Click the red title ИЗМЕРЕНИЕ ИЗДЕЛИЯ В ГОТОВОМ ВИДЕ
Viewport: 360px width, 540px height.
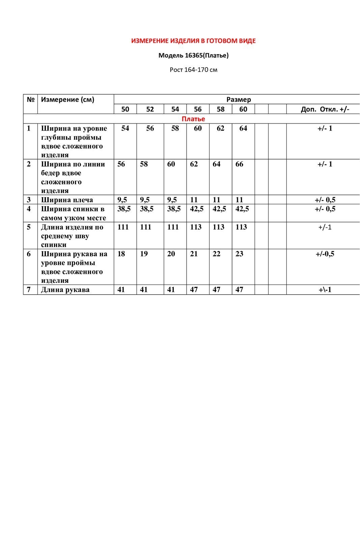[x=193, y=41]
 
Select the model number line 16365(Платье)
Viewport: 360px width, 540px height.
[x=193, y=55]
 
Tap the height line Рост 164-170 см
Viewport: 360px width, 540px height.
[x=193, y=70]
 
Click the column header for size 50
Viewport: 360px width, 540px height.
[x=125, y=109]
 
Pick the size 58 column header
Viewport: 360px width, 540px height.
[x=221, y=109]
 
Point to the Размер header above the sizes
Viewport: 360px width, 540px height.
[x=239, y=100]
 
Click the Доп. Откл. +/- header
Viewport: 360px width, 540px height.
[x=325, y=109]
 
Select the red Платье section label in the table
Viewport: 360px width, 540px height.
[x=193, y=119]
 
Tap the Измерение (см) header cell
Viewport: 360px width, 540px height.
[x=67, y=100]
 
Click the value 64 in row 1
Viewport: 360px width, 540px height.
[x=243, y=128]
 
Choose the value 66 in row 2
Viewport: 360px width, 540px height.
[x=239, y=164]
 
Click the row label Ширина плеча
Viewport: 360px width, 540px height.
[x=67, y=200]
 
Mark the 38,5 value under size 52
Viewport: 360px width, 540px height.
[x=147, y=209]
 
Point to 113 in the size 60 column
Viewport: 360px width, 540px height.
[x=241, y=227]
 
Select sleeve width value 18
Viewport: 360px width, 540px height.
[x=121, y=254]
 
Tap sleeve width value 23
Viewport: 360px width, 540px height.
[x=239, y=254]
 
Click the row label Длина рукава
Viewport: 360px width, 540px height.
[x=65, y=290]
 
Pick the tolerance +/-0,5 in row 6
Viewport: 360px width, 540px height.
[x=325, y=254]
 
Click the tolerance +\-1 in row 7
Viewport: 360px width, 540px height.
[x=325, y=290]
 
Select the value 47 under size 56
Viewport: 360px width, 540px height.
[x=194, y=290]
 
